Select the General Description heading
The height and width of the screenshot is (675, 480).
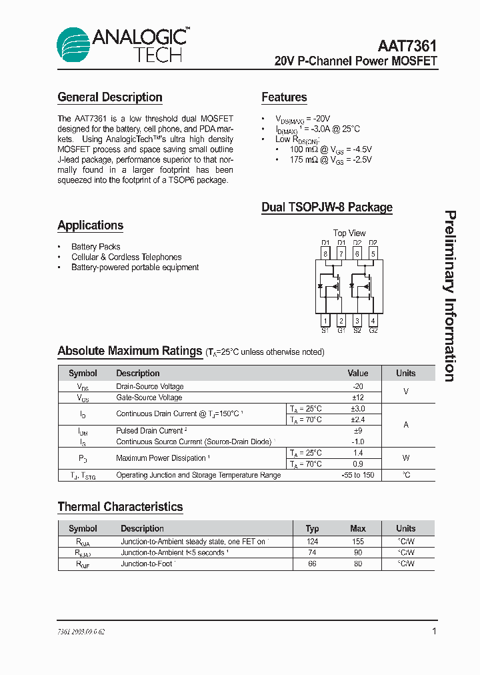click(x=110, y=97)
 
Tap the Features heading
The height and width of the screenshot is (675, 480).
click(x=284, y=97)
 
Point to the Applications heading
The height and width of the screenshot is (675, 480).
click(x=91, y=225)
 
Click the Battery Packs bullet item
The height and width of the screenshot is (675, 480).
click(x=95, y=247)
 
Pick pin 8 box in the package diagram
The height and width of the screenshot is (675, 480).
click(x=325, y=253)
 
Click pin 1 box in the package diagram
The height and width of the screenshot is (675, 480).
click(x=325, y=321)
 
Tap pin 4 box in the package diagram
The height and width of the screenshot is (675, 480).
click(x=373, y=321)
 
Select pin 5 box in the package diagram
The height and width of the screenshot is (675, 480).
click(x=373, y=253)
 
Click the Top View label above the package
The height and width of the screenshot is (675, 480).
click(x=349, y=233)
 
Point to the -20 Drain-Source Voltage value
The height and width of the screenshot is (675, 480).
click(x=358, y=387)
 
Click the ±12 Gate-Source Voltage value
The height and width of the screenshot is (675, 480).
click(x=358, y=398)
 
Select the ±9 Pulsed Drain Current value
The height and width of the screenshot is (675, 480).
click(x=358, y=431)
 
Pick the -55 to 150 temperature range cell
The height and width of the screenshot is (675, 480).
click(x=358, y=475)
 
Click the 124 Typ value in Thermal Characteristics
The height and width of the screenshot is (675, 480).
click(x=312, y=542)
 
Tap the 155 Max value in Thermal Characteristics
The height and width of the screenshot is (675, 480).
click(x=358, y=542)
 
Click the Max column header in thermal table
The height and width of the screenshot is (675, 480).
click(x=358, y=528)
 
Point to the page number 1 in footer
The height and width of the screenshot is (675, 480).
click(x=434, y=631)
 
